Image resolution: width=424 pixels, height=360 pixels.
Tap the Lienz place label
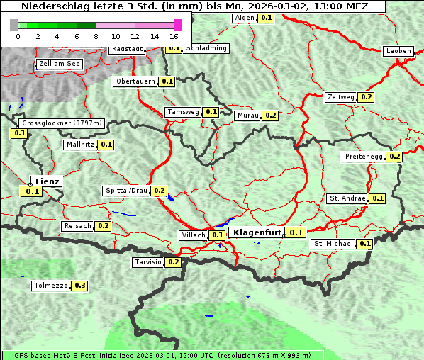coord(48,181)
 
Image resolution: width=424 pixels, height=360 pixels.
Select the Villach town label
coord(194,235)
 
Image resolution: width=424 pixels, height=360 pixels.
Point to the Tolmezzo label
coord(50,286)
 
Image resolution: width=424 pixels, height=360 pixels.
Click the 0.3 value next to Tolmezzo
coord(80,286)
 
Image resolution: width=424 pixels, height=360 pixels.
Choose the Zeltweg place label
coord(341,96)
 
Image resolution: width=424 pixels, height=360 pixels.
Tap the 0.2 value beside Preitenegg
coord(395,157)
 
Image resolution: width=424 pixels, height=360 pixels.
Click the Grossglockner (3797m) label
coord(62,123)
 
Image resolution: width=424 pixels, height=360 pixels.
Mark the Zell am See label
coord(59,64)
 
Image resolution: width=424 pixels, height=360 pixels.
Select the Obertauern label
coord(135,81)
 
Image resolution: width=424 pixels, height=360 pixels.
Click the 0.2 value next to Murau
coord(270,115)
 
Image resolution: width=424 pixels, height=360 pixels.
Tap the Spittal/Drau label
coord(126,191)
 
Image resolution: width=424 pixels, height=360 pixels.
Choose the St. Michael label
coord(333,244)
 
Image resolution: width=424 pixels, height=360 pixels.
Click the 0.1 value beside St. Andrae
coord(378,198)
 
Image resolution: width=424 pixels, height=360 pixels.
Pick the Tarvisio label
coord(148,262)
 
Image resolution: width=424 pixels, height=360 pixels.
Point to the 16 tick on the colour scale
coord(174,36)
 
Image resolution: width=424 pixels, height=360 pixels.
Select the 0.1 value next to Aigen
coord(266,17)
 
